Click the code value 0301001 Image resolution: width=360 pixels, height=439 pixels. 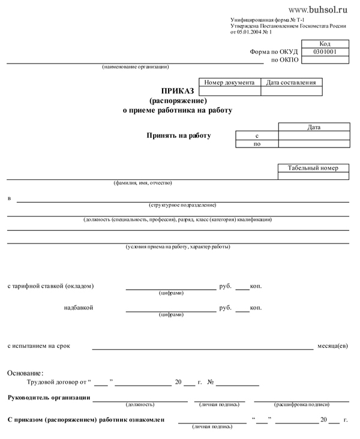tap(325, 52)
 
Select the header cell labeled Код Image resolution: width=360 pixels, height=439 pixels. tap(325, 44)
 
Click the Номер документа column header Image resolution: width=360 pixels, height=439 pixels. tap(229, 83)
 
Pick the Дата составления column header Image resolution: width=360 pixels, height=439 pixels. tap(291, 83)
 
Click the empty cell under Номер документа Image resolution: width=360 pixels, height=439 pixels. tap(229, 91)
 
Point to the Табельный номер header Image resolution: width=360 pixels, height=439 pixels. tap(313, 169)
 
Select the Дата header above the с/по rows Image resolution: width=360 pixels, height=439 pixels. tap(313, 127)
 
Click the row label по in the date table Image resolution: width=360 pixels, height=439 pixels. tap(257, 144)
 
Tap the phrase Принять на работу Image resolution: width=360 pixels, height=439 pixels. tap(179, 136)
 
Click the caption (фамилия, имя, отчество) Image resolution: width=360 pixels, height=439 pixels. tap(143, 182)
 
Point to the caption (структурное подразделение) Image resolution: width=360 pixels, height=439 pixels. tap(182, 205)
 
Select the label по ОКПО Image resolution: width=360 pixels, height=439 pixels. tap(285, 61)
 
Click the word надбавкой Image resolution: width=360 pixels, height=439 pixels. tap(78, 308)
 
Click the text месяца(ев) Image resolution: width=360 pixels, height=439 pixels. tap(332, 346)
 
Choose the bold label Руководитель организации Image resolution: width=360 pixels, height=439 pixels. tap(49, 398)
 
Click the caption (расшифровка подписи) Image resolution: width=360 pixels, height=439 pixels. tap(301, 405)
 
